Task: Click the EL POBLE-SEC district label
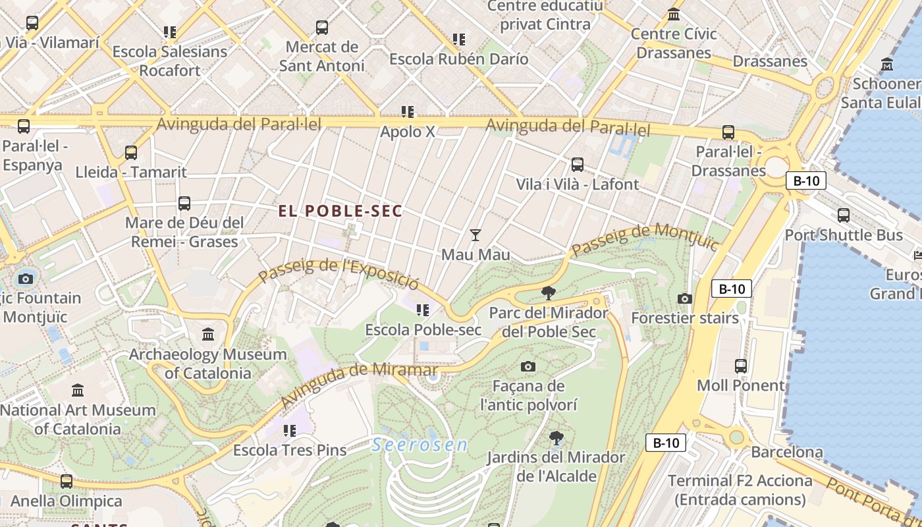point(340,211)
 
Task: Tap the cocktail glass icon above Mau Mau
point(475,235)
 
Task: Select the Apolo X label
point(408,132)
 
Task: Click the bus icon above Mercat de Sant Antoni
point(322,28)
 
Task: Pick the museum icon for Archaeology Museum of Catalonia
point(209,335)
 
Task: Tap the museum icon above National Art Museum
point(78,391)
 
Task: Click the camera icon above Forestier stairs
point(685,298)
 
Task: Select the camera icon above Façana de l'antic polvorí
point(528,366)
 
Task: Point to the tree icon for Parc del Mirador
point(548,293)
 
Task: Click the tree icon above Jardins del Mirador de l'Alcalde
point(556,437)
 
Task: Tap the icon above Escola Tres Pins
point(289,431)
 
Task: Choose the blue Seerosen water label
point(420,445)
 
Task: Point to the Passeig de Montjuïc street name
point(645,240)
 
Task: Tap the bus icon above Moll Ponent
point(741,366)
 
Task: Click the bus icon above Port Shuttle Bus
point(844,215)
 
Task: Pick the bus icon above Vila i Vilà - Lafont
point(578,165)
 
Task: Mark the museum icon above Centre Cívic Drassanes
point(674,14)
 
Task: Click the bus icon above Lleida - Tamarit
point(131,153)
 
